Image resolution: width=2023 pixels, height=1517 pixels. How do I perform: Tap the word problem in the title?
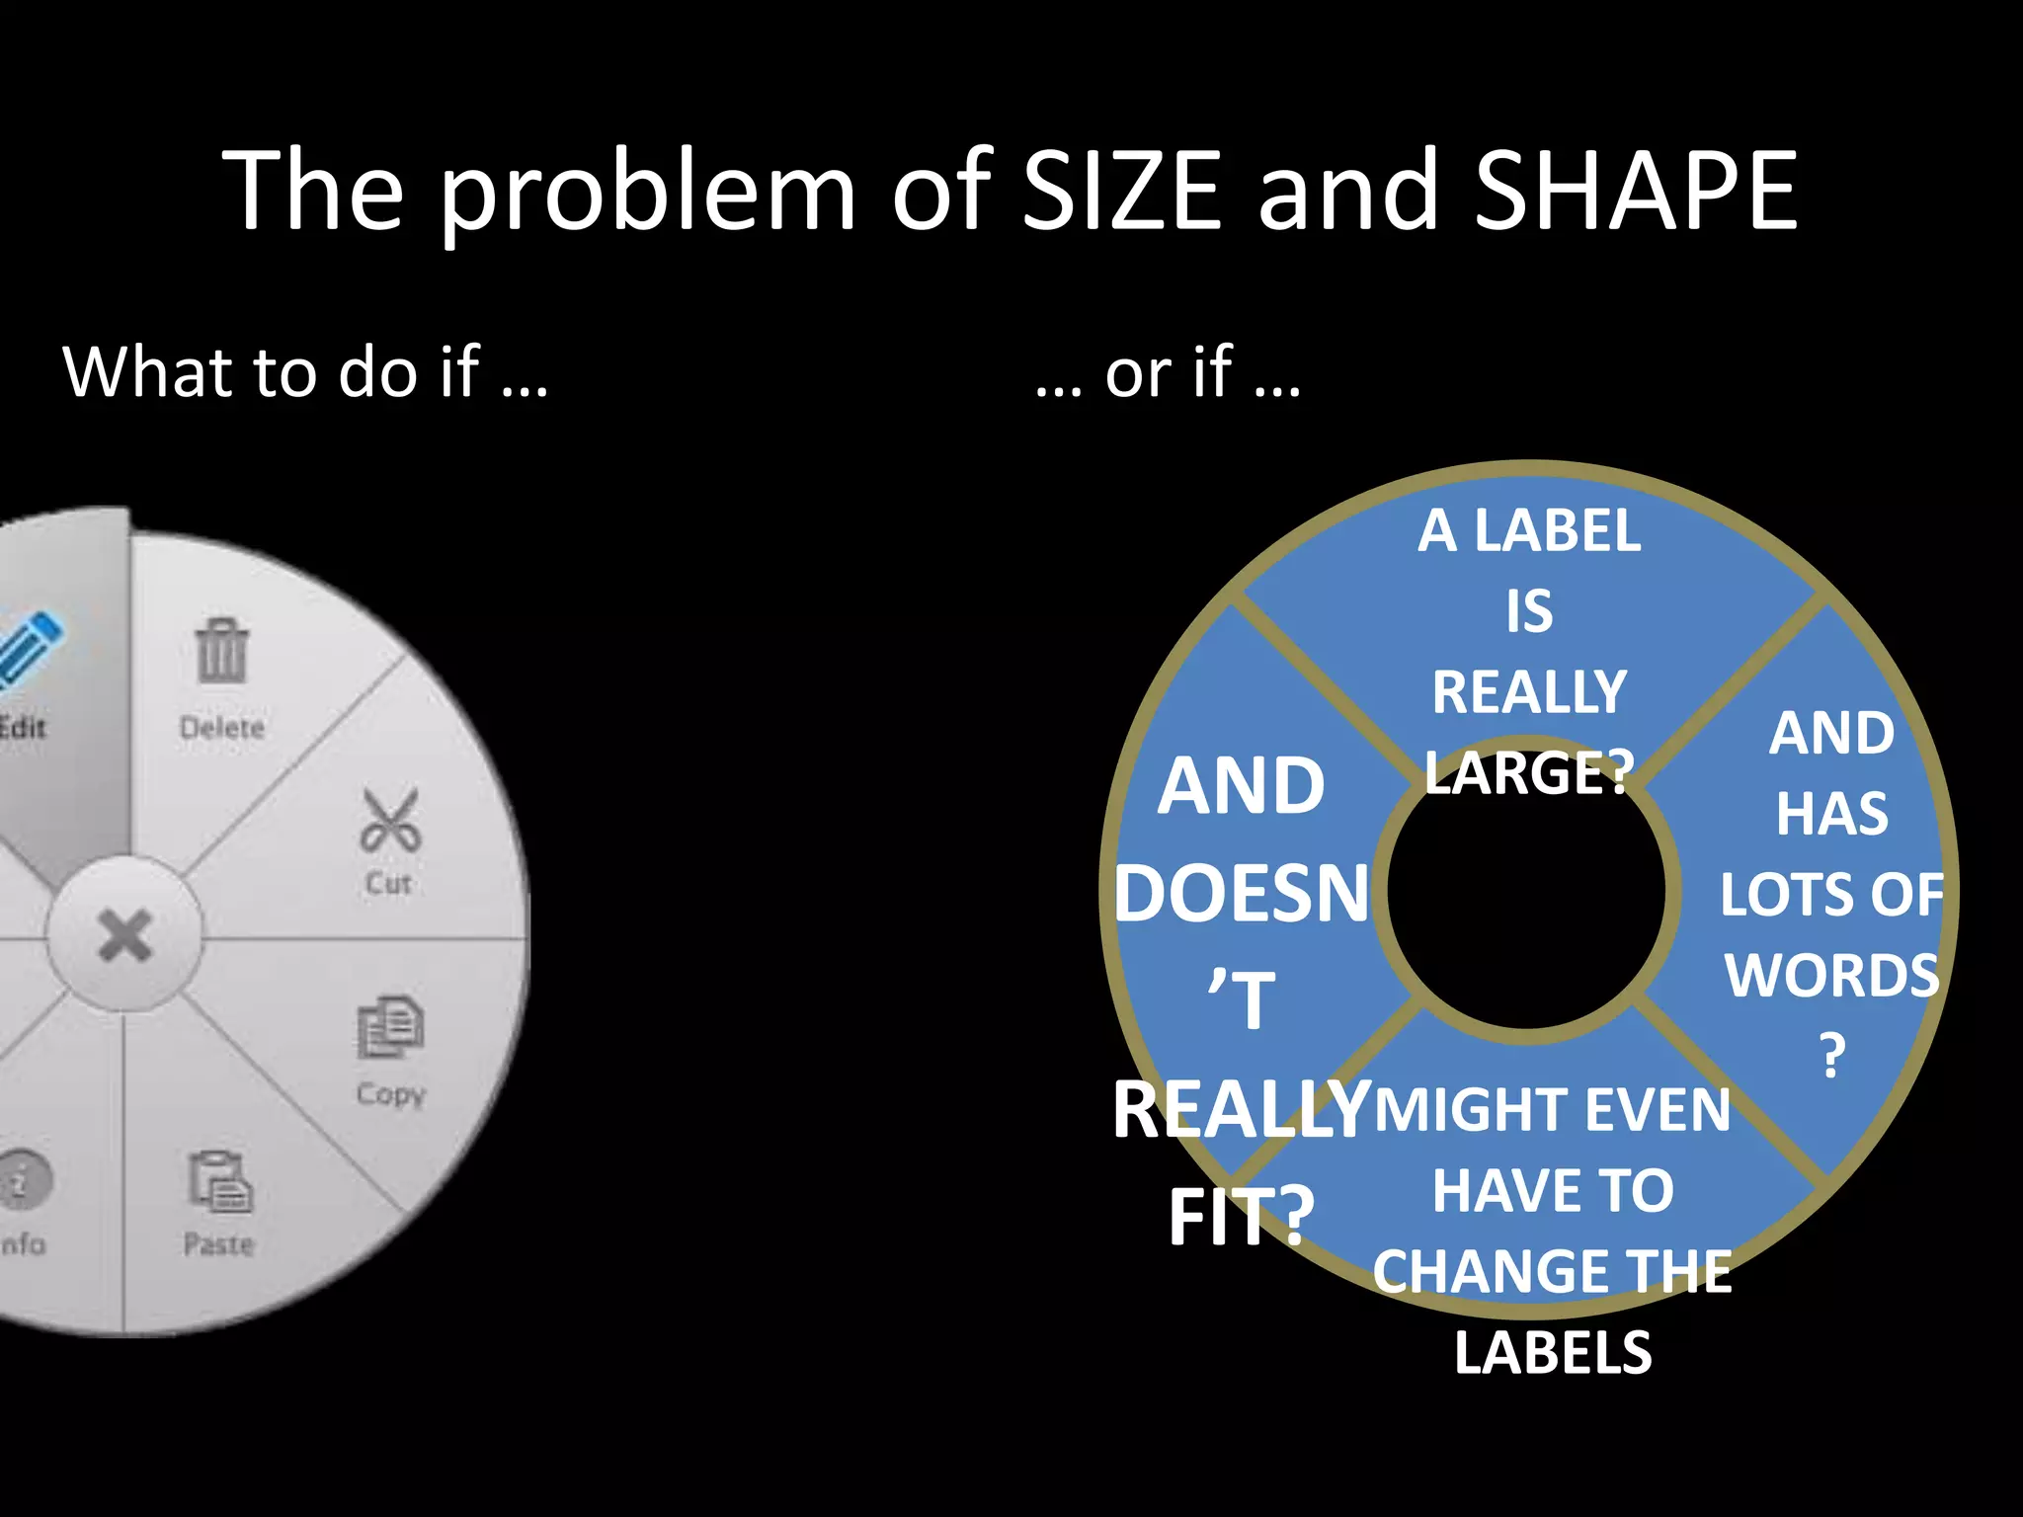click(x=647, y=192)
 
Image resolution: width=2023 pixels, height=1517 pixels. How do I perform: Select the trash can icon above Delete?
click(x=222, y=651)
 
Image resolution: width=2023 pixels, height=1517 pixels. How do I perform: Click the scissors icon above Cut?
click(x=390, y=821)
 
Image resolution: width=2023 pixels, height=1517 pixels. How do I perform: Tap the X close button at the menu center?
click(x=124, y=934)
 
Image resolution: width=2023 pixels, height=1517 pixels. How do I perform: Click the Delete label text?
click(x=222, y=728)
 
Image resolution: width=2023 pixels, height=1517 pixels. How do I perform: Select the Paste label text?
click(x=218, y=1243)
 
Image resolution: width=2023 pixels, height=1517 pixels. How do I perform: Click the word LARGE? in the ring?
click(x=1529, y=772)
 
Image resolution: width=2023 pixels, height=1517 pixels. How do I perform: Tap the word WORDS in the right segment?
click(x=1832, y=975)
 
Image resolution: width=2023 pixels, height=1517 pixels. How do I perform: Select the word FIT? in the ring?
click(x=1242, y=1217)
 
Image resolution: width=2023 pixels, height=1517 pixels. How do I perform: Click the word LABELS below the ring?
click(x=1553, y=1352)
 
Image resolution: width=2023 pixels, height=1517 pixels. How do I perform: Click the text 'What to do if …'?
click(x=305, y=373)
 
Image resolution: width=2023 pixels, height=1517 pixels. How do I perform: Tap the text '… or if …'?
click(x=1168, y=373)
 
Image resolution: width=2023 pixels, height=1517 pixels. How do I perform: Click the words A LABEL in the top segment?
click(x=1529, y=531)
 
